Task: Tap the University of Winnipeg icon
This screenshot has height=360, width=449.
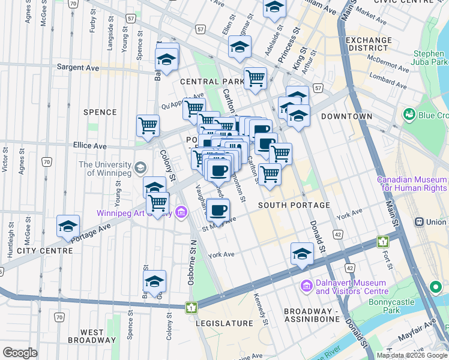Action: click(x=141, y=167)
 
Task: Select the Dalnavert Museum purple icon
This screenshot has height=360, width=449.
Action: click(x=307, y=286)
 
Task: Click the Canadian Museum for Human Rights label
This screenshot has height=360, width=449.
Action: click(x=412, y=184)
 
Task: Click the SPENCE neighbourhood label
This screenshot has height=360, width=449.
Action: click(x=100, y=112)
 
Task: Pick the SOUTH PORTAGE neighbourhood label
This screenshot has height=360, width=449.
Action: click(x=294, y=205)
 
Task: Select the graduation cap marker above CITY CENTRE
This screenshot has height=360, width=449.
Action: click(x=68, y=227)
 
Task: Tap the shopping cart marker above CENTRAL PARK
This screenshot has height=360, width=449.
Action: click(x=256, y=78)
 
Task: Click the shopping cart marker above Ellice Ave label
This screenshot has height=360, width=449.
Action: click(x=148, y=126)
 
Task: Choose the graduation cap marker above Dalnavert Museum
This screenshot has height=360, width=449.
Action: click(x=302, y=254)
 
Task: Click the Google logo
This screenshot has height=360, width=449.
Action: click(x=20, y=353)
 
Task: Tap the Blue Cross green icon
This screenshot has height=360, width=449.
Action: click(x=411, y=114)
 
